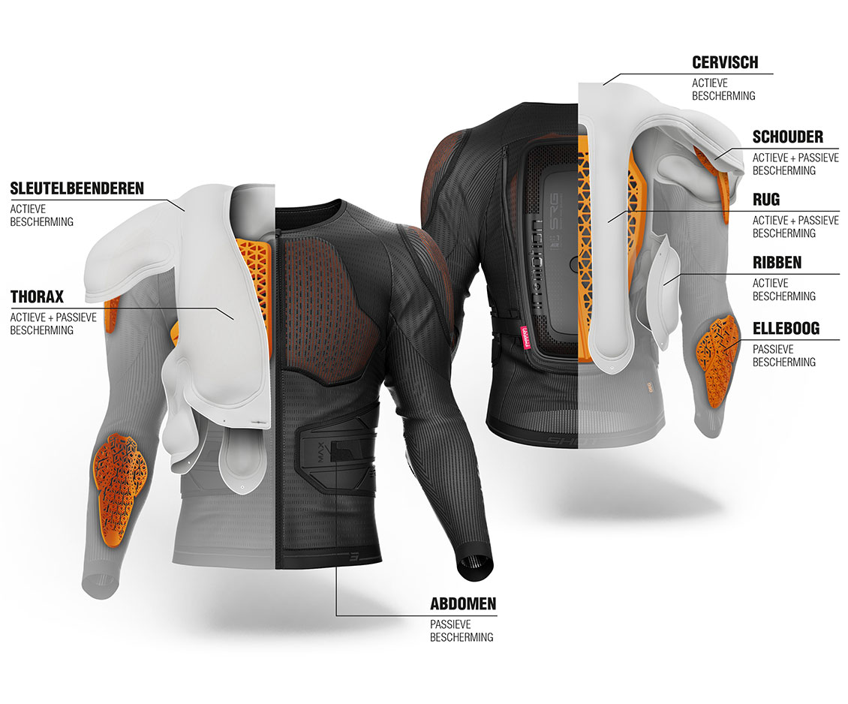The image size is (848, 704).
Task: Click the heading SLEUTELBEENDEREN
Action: point(77,188)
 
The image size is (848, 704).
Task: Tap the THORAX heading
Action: point(37,296)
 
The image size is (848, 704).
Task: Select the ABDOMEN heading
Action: point(463,603)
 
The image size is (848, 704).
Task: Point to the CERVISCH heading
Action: point(725,62)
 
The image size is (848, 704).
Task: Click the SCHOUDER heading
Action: point(787,137)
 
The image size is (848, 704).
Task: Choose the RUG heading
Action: point(765,200)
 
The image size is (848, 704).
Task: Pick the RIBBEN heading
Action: point(777,262)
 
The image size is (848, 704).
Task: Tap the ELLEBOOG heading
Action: point(786,328)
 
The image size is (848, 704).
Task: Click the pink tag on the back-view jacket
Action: point(524,339)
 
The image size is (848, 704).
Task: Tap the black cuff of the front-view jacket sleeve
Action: point(475,567)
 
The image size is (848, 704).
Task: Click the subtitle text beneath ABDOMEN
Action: point(462,630)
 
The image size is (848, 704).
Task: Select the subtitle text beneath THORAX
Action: point(53,323)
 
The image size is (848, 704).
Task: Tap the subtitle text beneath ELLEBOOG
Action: point(783,355)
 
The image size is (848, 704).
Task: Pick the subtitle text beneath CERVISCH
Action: point(723,89)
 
